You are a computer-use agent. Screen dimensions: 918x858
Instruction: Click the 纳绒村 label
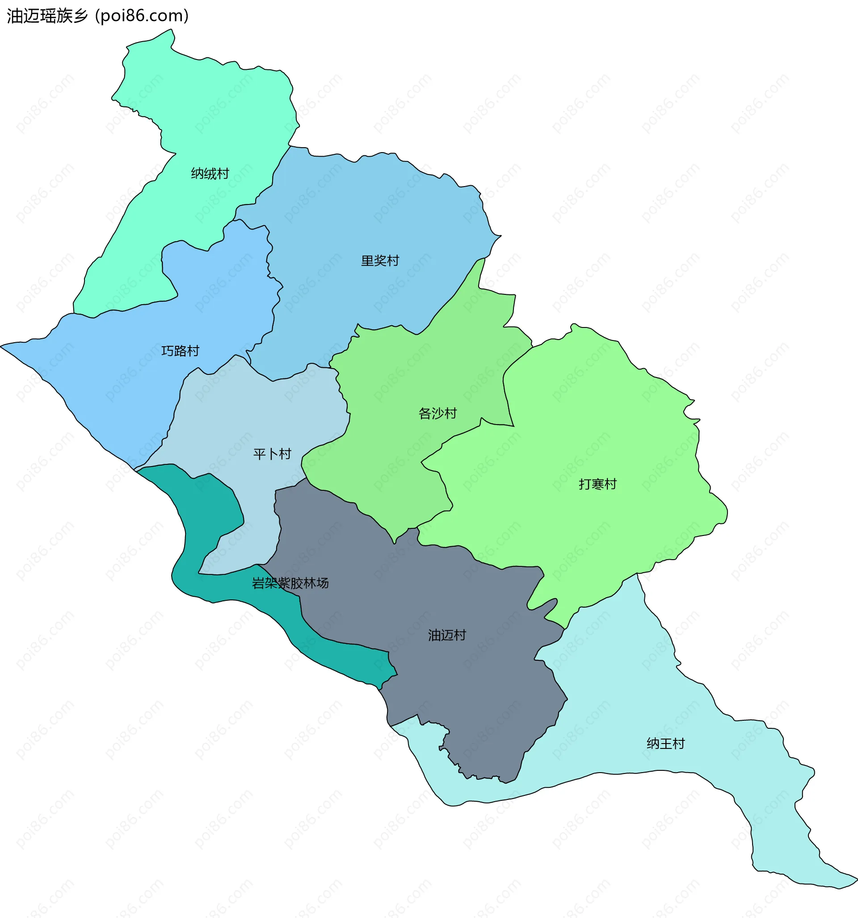click(x=210, y=174)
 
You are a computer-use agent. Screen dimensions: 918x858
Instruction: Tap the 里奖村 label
click(x=380, y=261)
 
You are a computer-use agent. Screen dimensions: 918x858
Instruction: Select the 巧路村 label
click(x=180, y=351)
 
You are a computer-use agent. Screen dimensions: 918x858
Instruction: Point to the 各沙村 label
click(x=437, y=413)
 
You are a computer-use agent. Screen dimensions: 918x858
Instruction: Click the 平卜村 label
click(x=272, y=454)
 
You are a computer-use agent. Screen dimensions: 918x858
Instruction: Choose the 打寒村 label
click(x=597, y=484)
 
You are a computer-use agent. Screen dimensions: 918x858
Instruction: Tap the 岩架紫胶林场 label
click(x=290, y=583)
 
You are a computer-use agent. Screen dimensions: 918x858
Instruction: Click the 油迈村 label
click(x=446, y=635)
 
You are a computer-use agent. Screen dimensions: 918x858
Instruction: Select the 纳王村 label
click(x=665, y=744)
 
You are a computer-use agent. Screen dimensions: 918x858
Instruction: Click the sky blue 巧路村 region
click(x=115, y=370)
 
